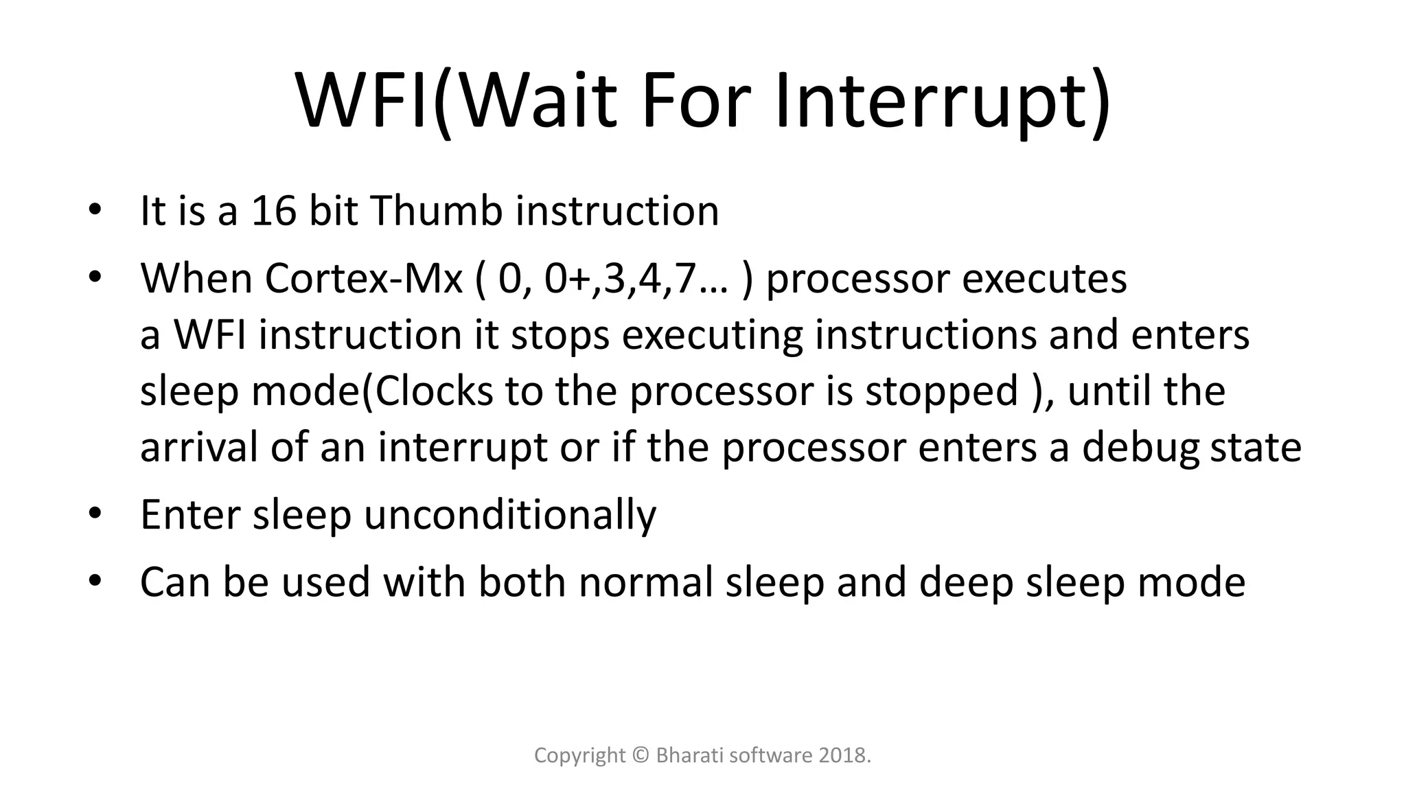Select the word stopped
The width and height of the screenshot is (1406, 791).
941,391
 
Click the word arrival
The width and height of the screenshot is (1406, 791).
199,448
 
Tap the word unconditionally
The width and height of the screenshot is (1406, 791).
509,515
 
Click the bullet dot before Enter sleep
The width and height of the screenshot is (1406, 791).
95,514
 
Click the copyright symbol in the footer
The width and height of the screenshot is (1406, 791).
641,756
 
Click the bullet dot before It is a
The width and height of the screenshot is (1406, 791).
95,210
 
